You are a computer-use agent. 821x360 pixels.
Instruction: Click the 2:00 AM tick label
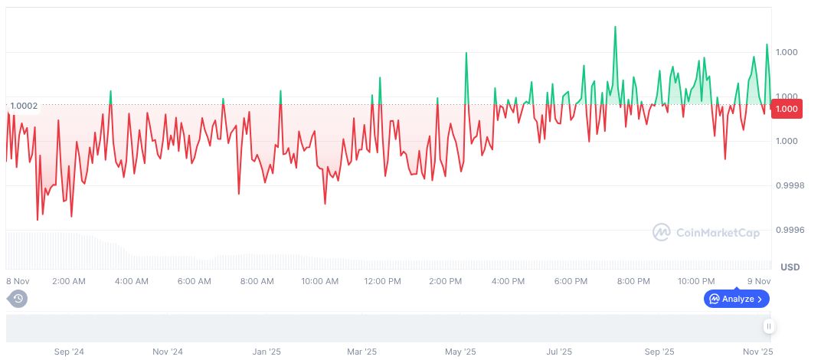pyautogui.click(x=68, y=281)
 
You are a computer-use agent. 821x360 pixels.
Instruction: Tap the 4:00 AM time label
pyautogui.click(x=131, y=281)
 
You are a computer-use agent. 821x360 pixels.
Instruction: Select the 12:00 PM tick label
pyautogui.click(x=382, y=281)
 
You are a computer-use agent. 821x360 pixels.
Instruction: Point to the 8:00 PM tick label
pyautogui.click(x=633, y=281)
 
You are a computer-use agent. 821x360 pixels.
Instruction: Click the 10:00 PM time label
pyautogui.click(x=696, y=281)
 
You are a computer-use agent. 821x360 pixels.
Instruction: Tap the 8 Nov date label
pyautogui.click(x=18, y=281)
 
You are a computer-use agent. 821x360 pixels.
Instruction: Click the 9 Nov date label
pyautogui.click(x=759, y=281)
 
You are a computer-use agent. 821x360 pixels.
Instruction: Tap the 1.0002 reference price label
pyautogui.click(x=24, y=106)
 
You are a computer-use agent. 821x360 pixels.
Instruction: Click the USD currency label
pyautogui.click(x=790, y=267)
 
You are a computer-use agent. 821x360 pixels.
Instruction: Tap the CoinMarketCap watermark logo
pyautogui.click(x=706, y=232)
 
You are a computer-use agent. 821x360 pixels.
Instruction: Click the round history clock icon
pyautogui.click(x=18, y=299)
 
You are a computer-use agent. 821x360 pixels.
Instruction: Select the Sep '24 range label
pyautogui.click(x=69, y=352)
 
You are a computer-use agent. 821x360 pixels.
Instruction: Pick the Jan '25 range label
pyautogui.click(x=266, y=352)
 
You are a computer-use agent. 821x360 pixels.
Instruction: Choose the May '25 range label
pyautogui.click(x=461, y=352)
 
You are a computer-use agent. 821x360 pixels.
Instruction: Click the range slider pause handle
pyautogui.click(x=769, y=326)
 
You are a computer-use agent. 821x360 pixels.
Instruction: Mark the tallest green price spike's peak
pyautogui.click(x=615, y=27)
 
